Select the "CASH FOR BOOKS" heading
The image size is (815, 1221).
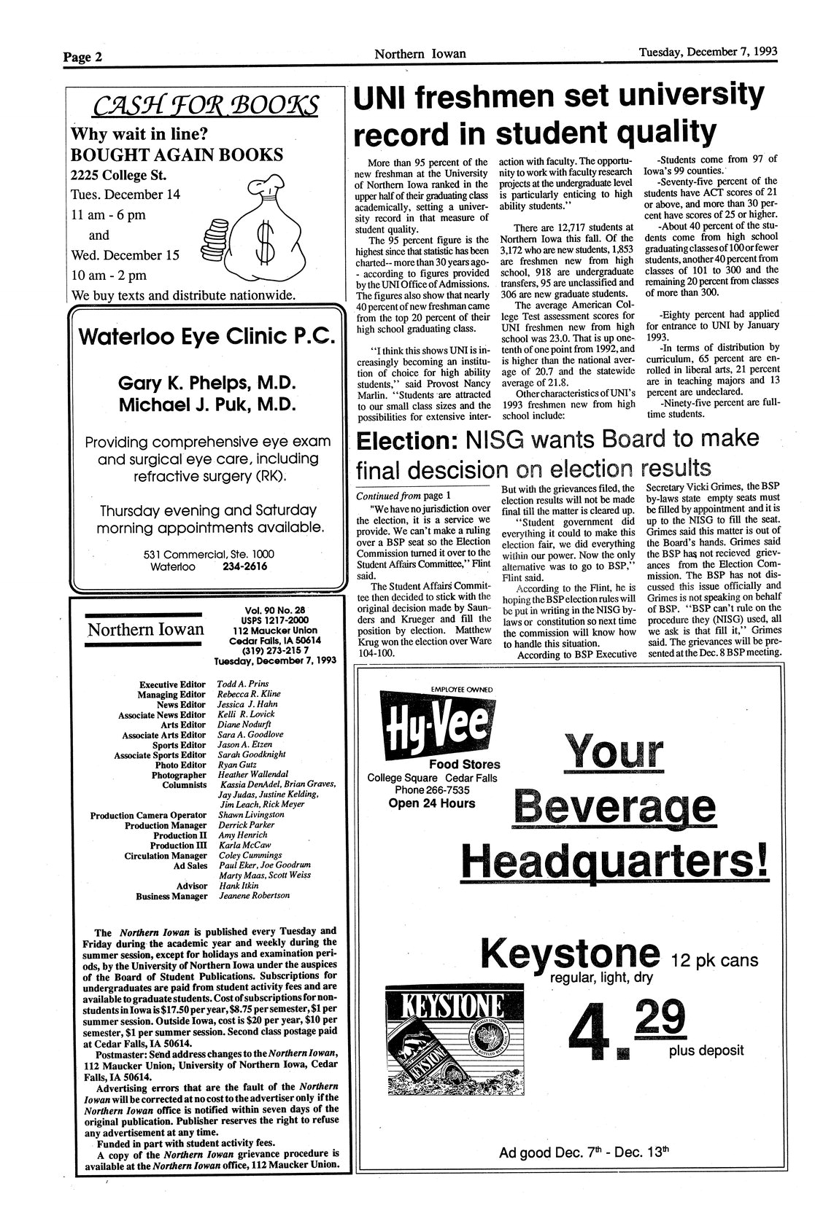pos(205,106)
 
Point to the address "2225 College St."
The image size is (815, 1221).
pos(118,175)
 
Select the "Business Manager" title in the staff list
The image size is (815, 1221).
pos(171,896)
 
